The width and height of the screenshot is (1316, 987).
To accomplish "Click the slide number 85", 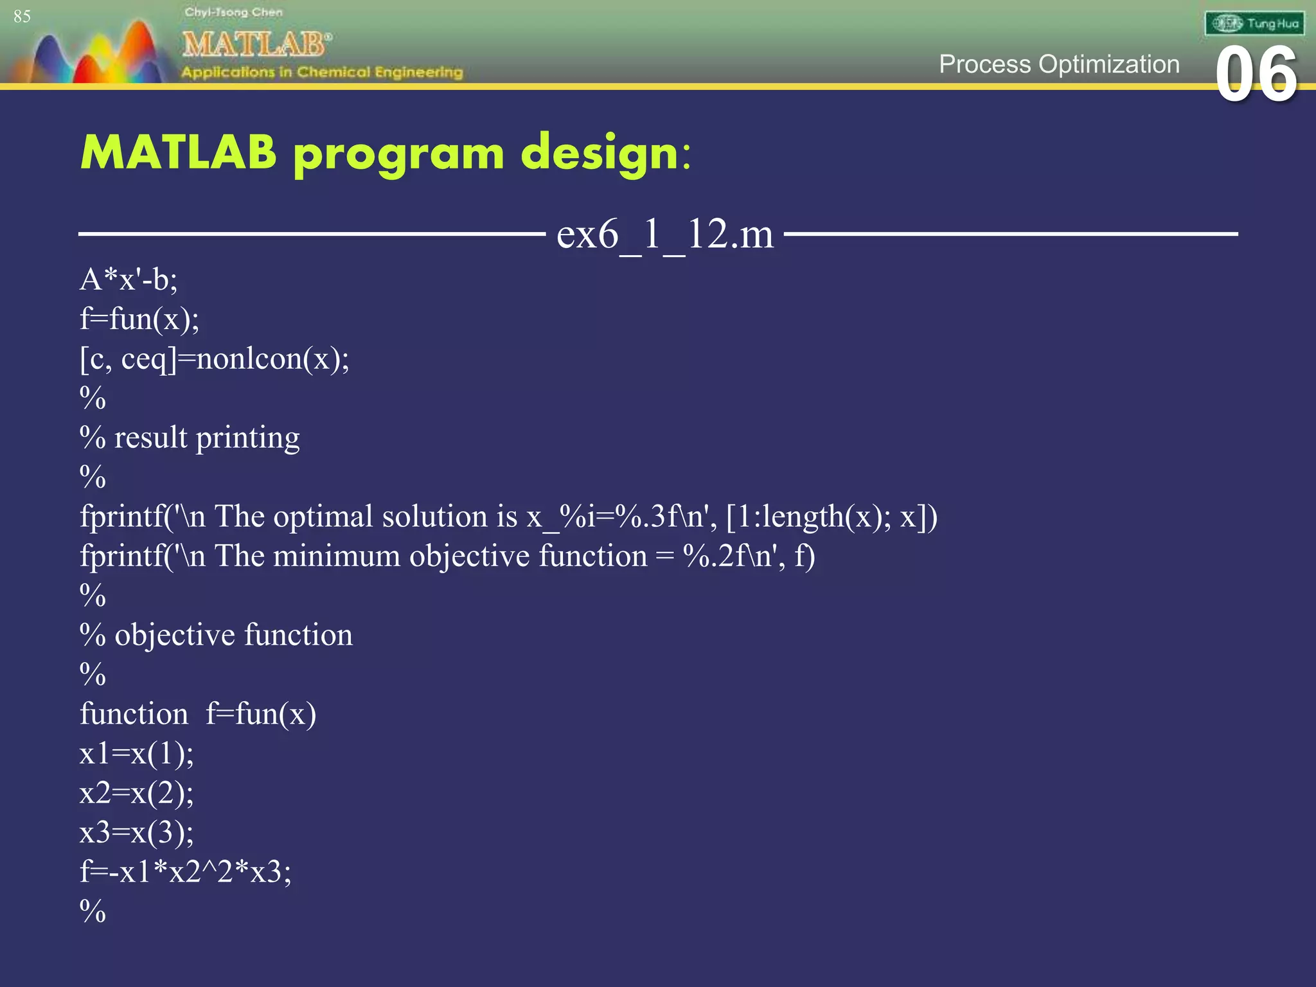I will coord(22,17).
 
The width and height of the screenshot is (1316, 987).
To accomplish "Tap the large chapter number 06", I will coord(1256,75).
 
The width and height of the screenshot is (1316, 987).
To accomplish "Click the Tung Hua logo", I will coord(1254,24).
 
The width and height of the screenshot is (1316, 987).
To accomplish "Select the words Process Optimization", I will coord(1058,64).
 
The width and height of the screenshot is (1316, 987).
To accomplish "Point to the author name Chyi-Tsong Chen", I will coord(233,12).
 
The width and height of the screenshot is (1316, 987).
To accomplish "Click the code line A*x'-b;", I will coord(129,280).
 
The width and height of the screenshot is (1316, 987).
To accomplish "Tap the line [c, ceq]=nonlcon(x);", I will coord(215,359).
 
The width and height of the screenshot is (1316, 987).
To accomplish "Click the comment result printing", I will coord(206,438).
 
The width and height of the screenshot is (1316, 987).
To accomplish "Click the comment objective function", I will coord(233,635).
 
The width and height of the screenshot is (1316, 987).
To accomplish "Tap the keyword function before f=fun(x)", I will coord(134,714).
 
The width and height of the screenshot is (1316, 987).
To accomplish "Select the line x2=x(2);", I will coord(136,793).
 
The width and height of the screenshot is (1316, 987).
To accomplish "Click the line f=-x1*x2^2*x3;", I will coord(185,872).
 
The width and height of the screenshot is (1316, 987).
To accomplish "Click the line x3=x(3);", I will coord(136,833).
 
